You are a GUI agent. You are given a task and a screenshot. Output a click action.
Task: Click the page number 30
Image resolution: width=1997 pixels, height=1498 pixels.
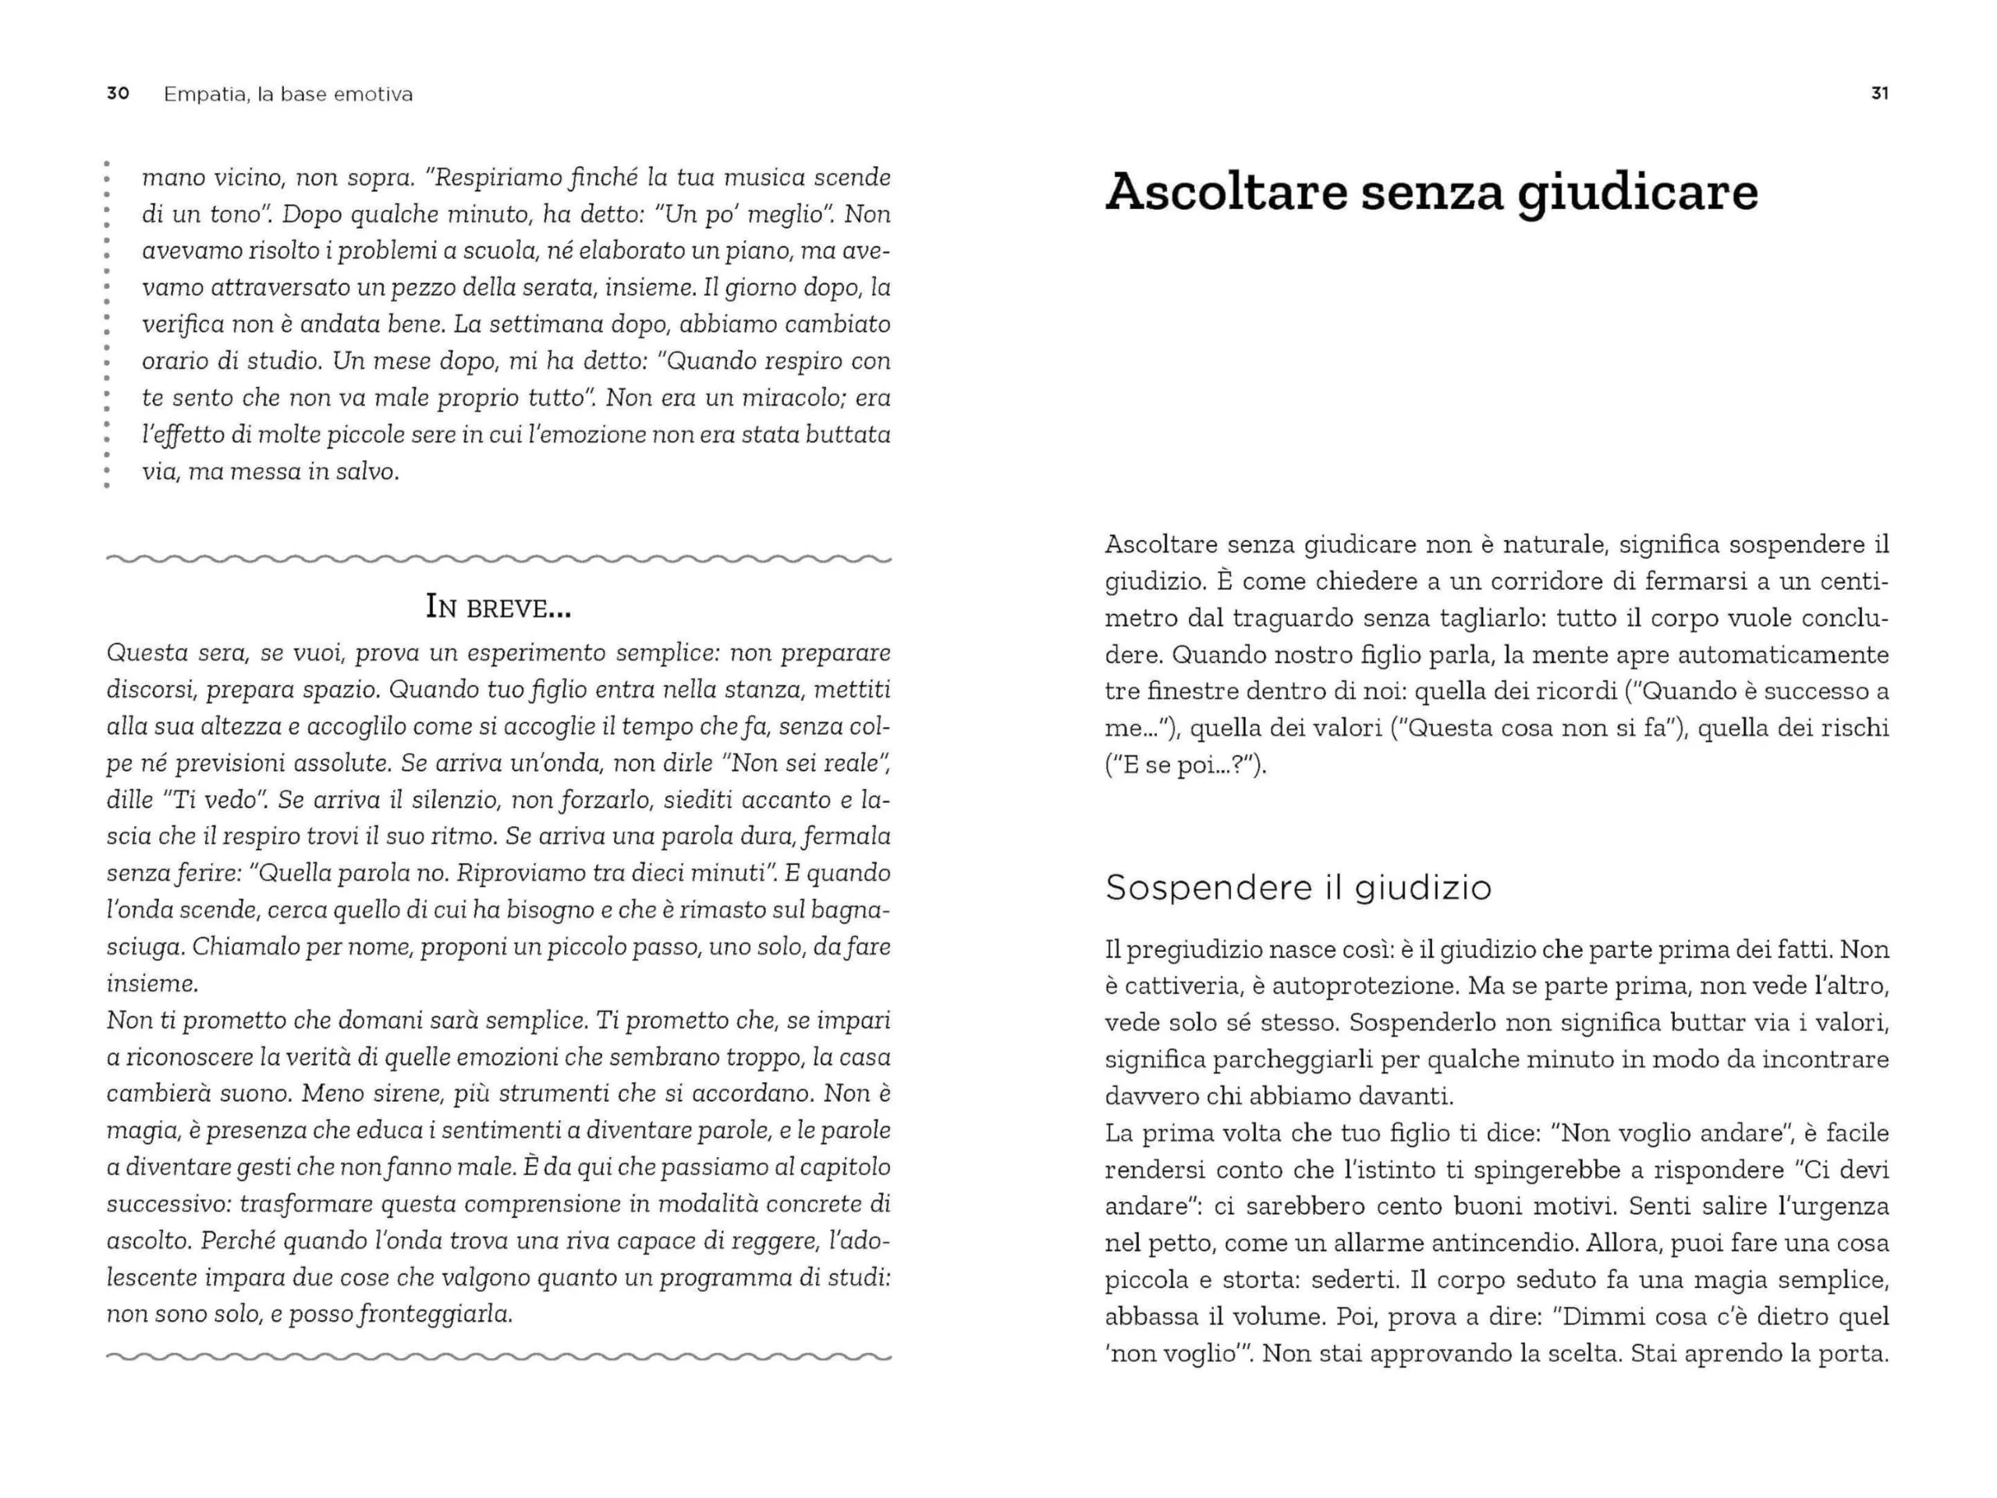[x=117, y=94]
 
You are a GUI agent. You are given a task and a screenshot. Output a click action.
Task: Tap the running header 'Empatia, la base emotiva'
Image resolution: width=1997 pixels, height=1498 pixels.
[x=288, y=94]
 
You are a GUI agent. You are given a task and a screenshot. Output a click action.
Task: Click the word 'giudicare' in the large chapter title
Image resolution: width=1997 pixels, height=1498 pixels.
[x=1637, y=193]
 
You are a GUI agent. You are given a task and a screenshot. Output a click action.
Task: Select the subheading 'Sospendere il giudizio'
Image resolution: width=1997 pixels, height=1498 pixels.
[x=1298, y=888]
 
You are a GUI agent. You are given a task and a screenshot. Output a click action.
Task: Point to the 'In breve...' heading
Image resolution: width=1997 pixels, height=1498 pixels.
[x=498, y=609]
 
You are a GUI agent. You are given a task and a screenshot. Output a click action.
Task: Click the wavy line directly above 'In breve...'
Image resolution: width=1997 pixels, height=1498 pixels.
[x=498, y=559]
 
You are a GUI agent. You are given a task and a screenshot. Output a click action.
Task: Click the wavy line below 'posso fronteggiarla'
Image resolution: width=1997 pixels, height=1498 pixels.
[x=498, y=1356]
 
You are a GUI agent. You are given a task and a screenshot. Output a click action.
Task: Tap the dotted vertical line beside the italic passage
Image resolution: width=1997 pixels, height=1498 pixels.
[x=107, y=325]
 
